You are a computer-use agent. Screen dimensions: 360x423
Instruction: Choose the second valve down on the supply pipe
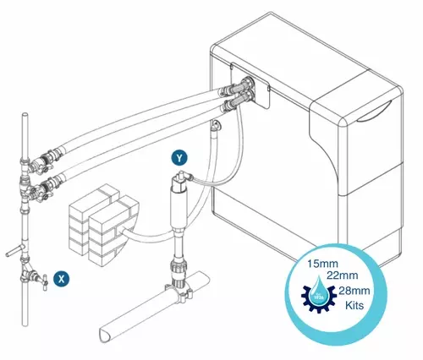point(37,190)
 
